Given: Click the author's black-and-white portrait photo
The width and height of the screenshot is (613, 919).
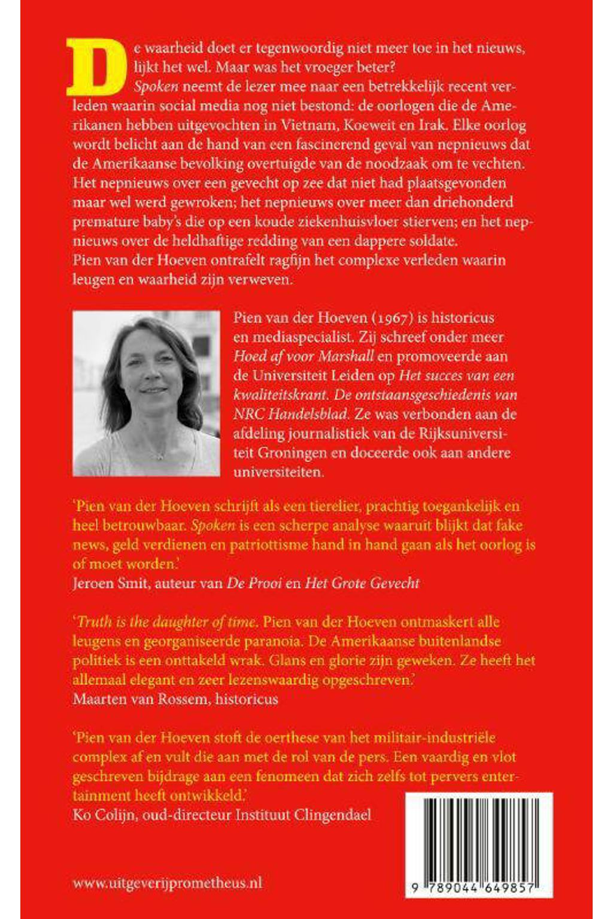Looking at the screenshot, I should tap(146, 393).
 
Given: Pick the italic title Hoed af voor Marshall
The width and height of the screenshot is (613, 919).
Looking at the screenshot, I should tap(304, 356).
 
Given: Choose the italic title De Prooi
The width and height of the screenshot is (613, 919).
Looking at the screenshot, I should tap(254, 583).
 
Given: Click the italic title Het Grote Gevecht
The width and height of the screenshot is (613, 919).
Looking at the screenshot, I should tap(362, 583).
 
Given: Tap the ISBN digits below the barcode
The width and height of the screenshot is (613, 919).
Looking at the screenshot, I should tap(473, 888).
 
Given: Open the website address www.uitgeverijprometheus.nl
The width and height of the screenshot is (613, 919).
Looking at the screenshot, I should tap(168, 883).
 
